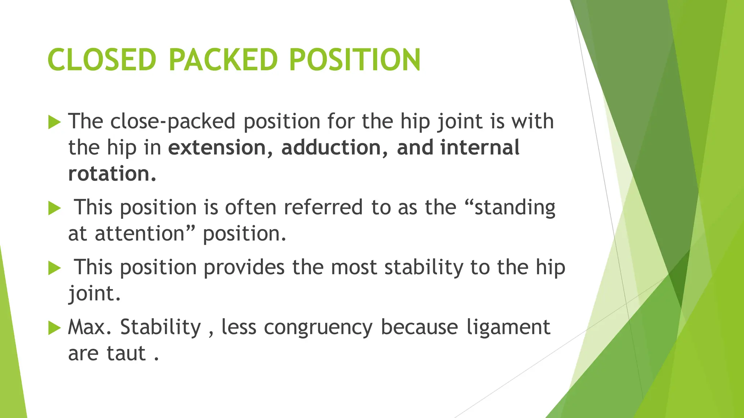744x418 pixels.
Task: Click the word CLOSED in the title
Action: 102,60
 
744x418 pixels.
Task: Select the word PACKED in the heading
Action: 223,60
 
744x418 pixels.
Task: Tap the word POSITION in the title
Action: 355,60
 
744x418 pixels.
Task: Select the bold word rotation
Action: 112,174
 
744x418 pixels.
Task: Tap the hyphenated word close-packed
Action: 173,122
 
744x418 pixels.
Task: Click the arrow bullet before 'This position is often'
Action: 54,208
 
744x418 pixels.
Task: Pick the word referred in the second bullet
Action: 323,208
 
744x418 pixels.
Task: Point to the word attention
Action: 140,234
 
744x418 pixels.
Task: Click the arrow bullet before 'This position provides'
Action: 54,268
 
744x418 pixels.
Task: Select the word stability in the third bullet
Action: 424,267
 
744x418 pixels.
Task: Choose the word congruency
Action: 318,328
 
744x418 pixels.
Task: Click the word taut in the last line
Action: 126,353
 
